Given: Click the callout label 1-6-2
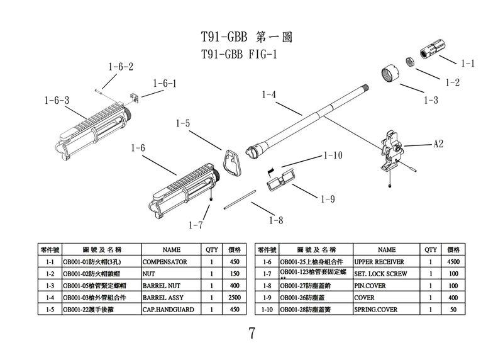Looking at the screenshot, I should point(121,67).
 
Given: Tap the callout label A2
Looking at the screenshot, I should point(438,144).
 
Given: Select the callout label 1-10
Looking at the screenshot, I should point(333,155).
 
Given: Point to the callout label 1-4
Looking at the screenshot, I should point(269,95).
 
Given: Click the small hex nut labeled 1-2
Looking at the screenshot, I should point(407,62).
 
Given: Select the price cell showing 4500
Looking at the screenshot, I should point(453,261).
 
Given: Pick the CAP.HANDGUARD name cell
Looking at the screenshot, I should point(165,310).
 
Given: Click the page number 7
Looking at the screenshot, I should point(251,334).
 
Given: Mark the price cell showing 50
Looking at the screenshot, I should point(453,310).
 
